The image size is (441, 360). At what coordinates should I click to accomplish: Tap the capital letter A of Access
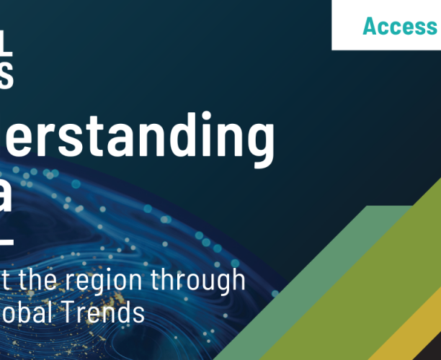(x=370, y=27)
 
